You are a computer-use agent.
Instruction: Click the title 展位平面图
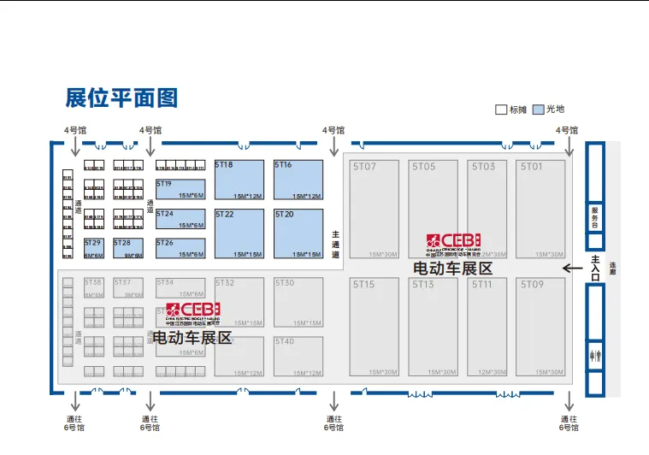(x=121, y=97)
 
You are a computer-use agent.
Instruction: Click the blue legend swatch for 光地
(x=539, y=109)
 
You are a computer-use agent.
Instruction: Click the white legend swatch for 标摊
(x=502, y=109)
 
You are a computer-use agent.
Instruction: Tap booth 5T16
(x=298, y=180)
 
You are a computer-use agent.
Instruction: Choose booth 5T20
(x=298, y=233)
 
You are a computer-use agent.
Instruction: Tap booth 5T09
(x=540, y=327)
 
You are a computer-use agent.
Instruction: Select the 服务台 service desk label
(x=595, y=217)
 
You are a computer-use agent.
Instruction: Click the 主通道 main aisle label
(x=336, y=243)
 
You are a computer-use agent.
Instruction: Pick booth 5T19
(x=181, y=191)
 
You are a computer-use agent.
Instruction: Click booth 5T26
(x=181, y=248)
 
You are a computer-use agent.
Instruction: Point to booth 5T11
(x=487, y=327)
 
